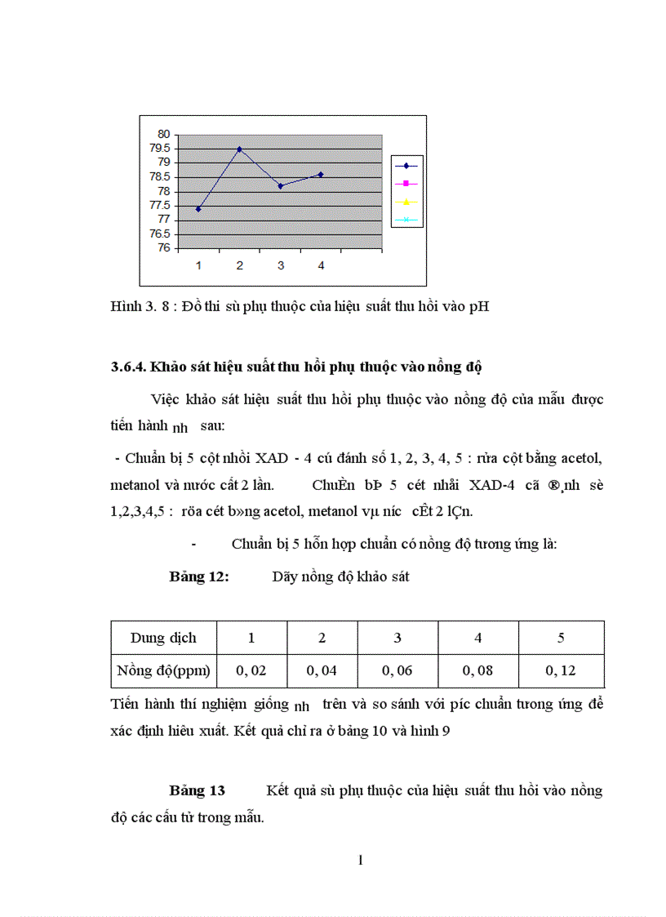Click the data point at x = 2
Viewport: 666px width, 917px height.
tap(239, 149)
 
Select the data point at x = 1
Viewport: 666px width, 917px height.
tap(198, 209)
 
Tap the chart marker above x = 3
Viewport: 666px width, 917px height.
tap(280, 186)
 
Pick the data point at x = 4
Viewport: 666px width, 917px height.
tap(321, 174)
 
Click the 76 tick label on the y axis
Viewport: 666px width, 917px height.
tap(164, 248)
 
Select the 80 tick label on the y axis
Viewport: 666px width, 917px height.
tap(164, 134)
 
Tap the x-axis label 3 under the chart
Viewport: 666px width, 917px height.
tap(280, 265)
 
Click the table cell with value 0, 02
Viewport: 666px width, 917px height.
tap(251, 671)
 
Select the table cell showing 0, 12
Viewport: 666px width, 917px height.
tap(561, 671)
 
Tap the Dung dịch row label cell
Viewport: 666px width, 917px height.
tap(163, 638)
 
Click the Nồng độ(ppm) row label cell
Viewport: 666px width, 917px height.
tap(163, 671)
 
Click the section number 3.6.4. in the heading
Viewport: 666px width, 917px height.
tap(128, 367)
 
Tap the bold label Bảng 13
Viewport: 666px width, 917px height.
tap(197, 790)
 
